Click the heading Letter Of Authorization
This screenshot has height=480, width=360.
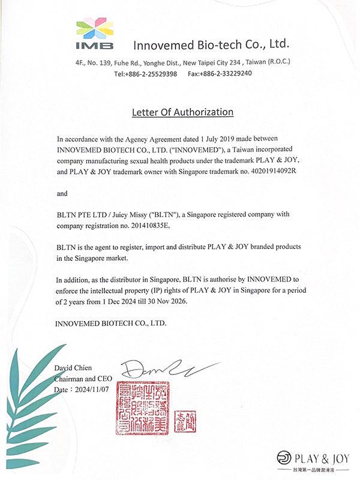182,112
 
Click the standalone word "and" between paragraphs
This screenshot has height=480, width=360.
62,194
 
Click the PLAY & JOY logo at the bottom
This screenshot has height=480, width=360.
313,459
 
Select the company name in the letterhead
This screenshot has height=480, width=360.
211,44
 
